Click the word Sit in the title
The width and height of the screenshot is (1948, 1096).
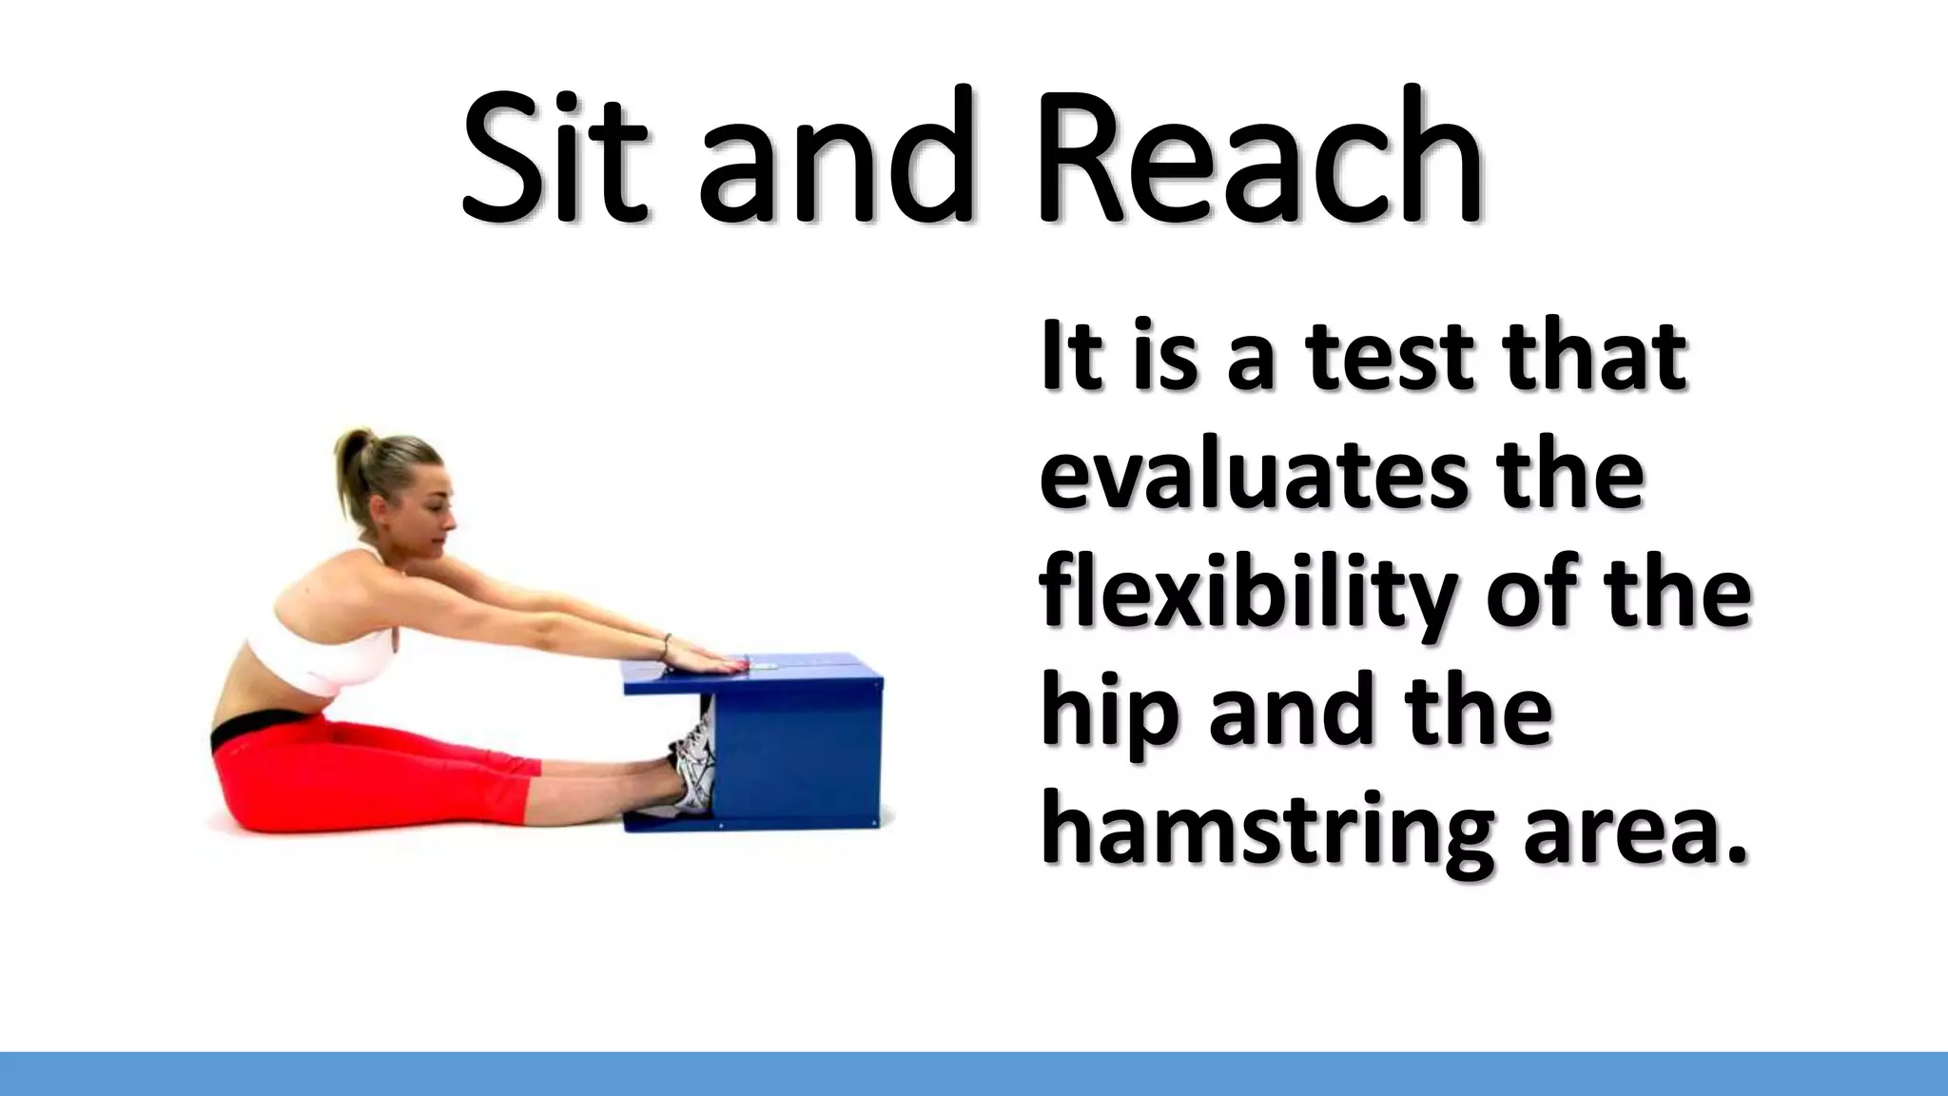[x=556, y=157]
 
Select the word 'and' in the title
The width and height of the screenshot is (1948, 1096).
[x=837, y=157]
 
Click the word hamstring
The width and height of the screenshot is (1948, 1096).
[x=1265, y=832]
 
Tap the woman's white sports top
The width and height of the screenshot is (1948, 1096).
[x=319, y=656]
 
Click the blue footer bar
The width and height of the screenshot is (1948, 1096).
[x=974, y=1073]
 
